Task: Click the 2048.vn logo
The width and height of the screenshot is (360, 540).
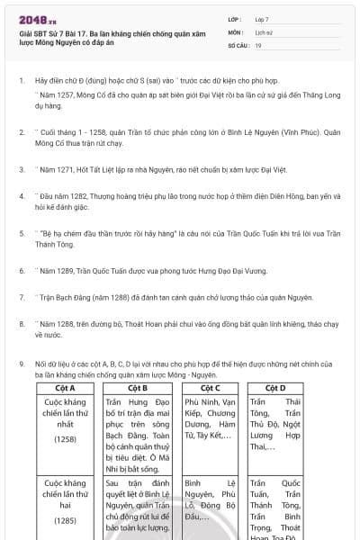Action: click(38, 21)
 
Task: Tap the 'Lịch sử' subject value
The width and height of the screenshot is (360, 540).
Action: click(265, 31)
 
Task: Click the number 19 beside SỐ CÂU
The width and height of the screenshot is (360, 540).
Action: click(259, 44)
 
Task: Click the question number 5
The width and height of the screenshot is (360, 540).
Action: click(21, 232)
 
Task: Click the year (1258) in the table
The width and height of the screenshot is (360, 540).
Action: click(65, 439)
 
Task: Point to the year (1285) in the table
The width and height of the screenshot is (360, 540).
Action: click(65, 520)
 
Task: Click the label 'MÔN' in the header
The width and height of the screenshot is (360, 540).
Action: click(235, 31)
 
